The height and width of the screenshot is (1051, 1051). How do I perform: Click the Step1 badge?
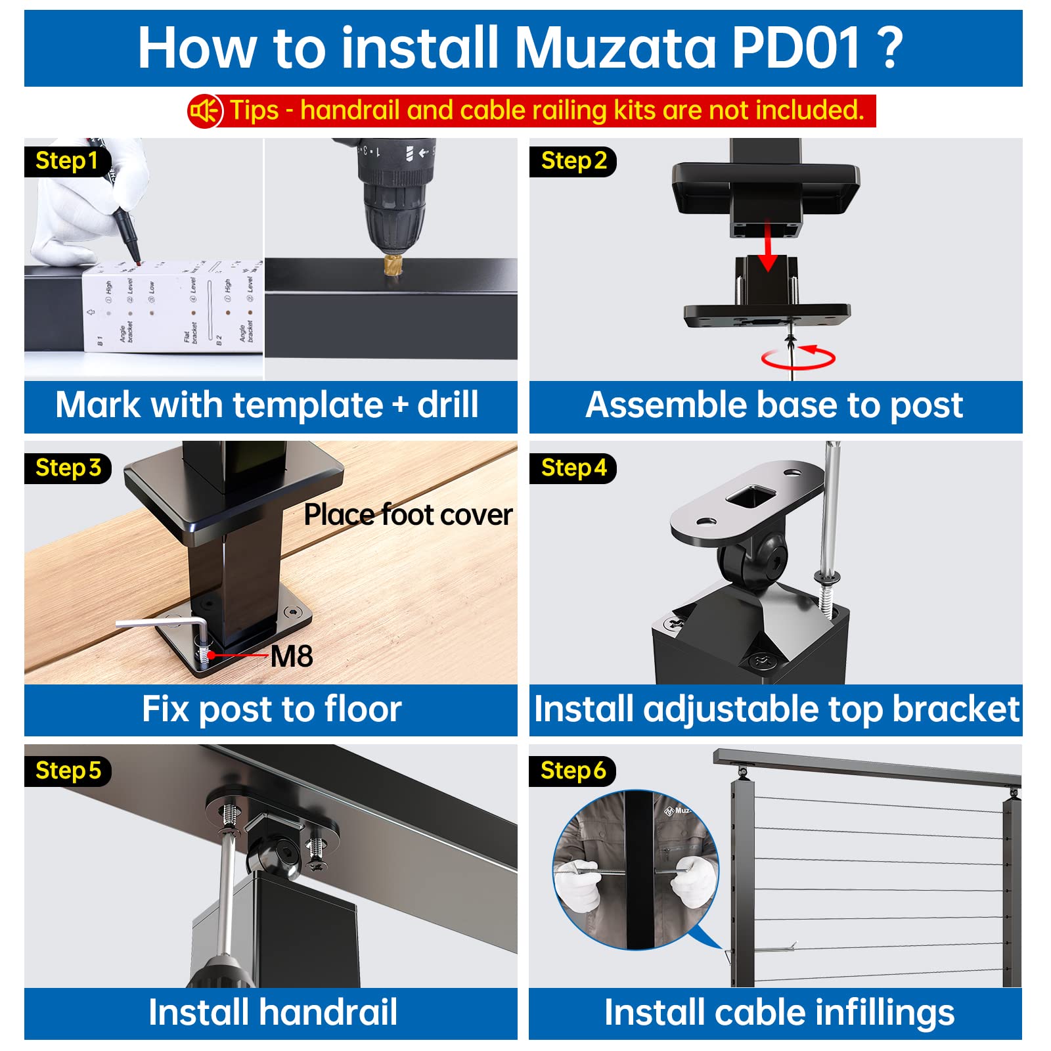[66, 161]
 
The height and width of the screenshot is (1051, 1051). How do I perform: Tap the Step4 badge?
[573, 468]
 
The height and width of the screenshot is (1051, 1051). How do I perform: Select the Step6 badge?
[573, 771]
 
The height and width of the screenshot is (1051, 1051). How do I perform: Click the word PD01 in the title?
[795, 48]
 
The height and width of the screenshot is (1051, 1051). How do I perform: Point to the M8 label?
[291, 656]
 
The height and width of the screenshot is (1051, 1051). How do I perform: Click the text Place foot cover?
[407, 514]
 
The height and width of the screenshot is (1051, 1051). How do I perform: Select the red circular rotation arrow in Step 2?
[798, 358]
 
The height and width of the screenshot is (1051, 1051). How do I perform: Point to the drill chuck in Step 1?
[393, 217]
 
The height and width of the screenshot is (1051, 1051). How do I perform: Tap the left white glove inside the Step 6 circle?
[575, 883]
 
